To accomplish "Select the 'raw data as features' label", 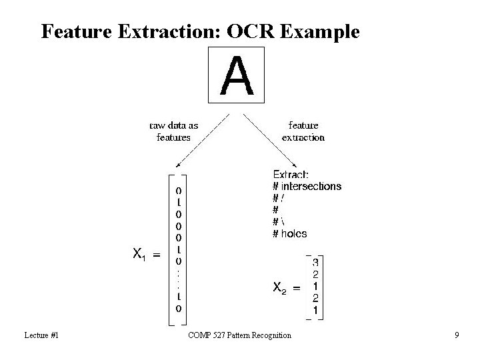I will tap(173, 131).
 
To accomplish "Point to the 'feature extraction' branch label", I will tap(303, 131).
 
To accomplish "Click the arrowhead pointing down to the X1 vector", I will tap(177, 165).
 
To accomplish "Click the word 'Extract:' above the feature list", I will tap(291, 175).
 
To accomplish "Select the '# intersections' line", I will tap(307, 187).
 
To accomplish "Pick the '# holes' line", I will tap(290, 233).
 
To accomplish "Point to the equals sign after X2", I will tap(297, 287).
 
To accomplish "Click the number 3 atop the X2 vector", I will tap(315, 263).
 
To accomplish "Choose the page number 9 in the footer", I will tap(457, 335).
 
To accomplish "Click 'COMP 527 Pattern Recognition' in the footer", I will tap(239, 335).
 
